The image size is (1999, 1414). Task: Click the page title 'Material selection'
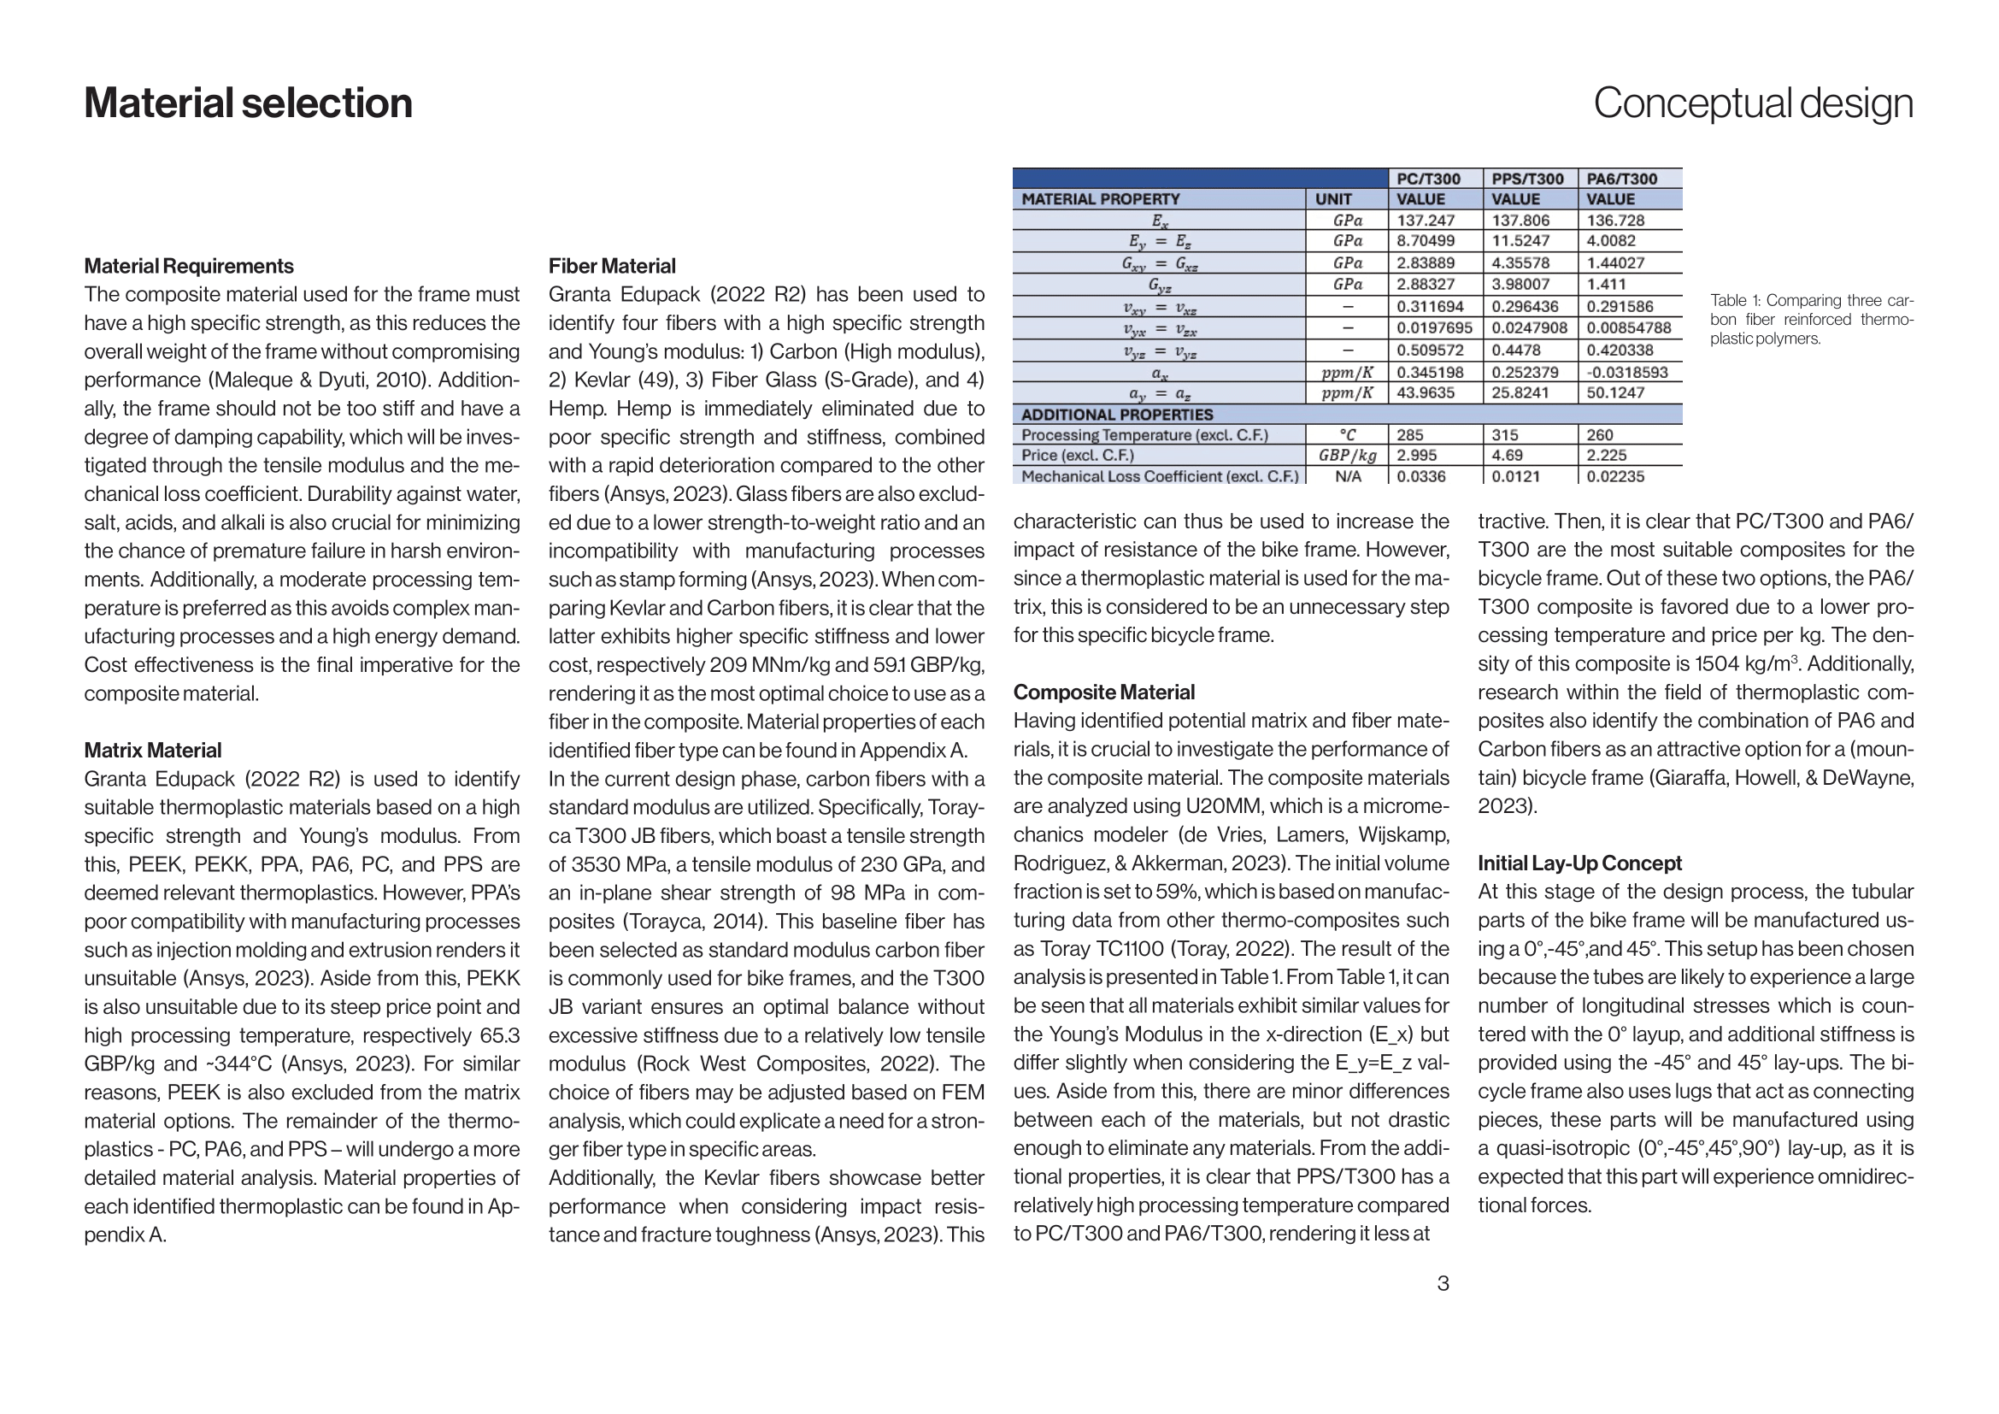click(x=248, y=103)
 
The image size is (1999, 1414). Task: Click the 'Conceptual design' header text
click(x=1753, y=103)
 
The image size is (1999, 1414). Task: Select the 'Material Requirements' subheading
click(x=189, y=266)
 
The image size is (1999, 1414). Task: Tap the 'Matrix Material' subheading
click(x=152, y=750)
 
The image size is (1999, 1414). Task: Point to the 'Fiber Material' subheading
click(x=612, y=266)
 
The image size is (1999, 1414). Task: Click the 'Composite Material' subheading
click(x=1104, y=692)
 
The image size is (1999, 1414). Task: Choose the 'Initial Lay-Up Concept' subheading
click(x=1579, y=863)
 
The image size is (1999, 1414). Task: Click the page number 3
click(x=1443, y=1283)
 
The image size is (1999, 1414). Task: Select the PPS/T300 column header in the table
click(x=1527, y=179)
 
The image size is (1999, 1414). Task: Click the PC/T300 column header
click(x=1429, y=179)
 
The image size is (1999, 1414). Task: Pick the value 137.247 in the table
click(x=1426, y=221)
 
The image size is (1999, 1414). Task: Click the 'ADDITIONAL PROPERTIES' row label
click(x=1117, y=415)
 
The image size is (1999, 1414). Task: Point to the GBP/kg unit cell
click(x=1347, y=456)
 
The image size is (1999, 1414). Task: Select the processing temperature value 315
click(x=1504, y=434)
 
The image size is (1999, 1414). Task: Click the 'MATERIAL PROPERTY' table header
click(x=1101, y=199)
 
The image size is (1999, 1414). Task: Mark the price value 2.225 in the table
click(x=1607, y=456)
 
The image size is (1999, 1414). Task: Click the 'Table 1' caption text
click(x=1811, y=320)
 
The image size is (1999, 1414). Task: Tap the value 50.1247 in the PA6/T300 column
click(x=1615, y=392)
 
